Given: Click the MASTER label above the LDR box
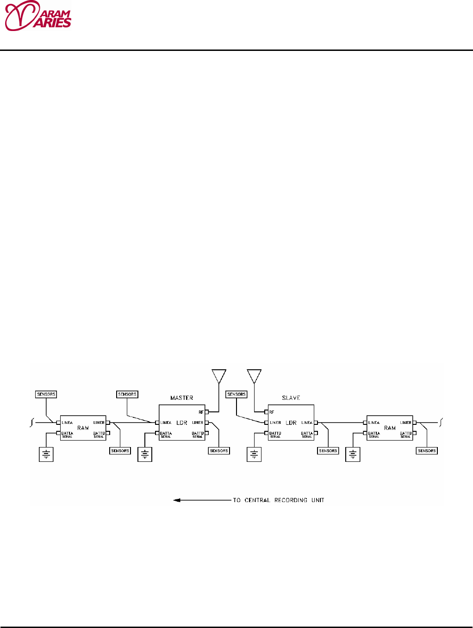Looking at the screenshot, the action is [x=181, y=398].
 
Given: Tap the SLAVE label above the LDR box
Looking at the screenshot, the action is [x=291, y=398].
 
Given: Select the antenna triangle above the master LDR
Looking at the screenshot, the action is [x=218, y=375].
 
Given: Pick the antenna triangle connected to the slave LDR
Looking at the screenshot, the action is [x=254, y=375].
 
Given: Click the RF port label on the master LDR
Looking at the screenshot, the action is [x=201, y=412].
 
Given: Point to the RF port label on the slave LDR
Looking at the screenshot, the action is [x=272, y=412].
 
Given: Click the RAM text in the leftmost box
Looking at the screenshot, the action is [x=83, y=428].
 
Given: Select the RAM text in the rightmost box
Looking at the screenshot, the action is [x=390, y=428].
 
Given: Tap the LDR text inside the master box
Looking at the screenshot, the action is [x=182, y=423].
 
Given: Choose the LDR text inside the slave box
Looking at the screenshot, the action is [x=291, y=423].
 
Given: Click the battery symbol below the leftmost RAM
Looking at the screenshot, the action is [x=46, y=454].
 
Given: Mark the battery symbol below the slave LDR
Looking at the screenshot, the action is [x=254, y=454].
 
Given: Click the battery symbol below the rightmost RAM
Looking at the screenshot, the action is [x=353, y=454].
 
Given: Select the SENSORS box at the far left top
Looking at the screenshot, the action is [x=46, y=394].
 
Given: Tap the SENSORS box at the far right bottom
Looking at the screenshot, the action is [x=427, y=450].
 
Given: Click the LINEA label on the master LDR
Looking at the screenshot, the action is [x=166, y=423].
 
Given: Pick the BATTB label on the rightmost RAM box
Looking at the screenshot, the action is [x=405, y=434].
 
